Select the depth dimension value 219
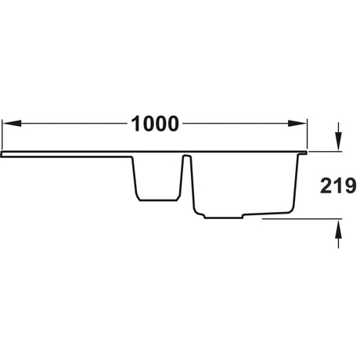pyautogui.click(x=338, y=185)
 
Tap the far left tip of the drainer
pyautogui.click(x=2, y=155)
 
